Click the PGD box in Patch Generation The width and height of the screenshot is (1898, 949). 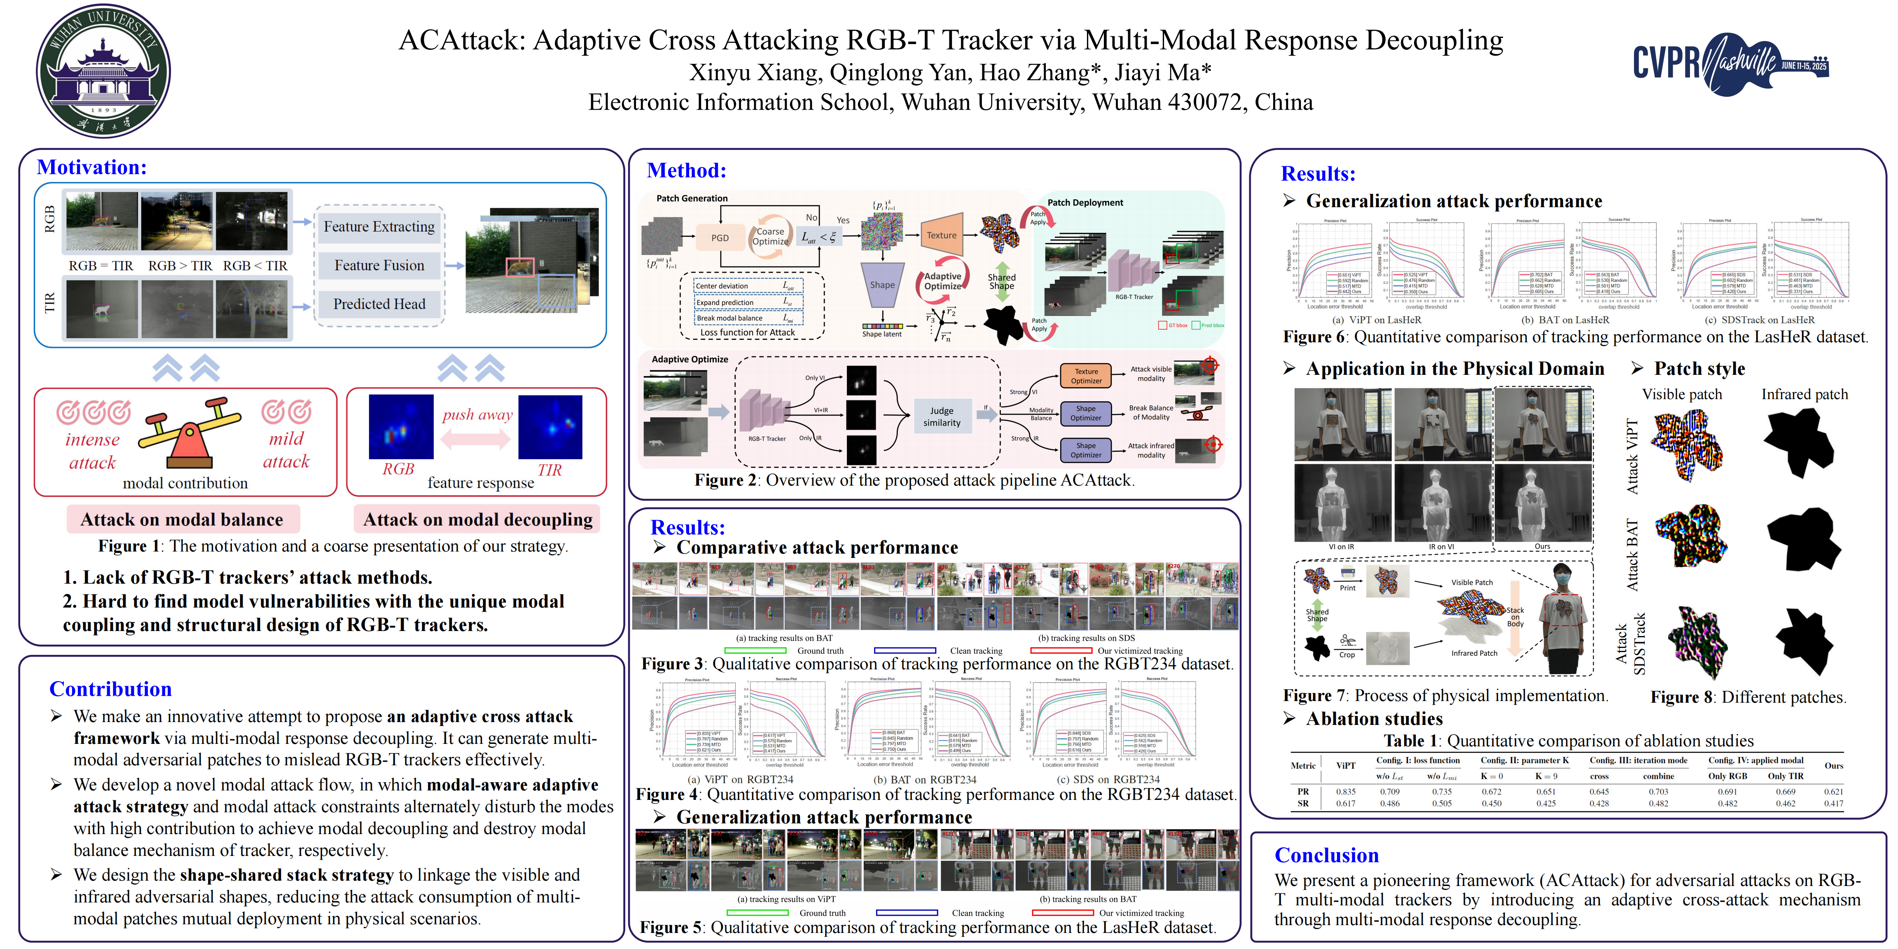click(x=720, y=238)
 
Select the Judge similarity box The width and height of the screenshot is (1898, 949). click(x=942, y=416)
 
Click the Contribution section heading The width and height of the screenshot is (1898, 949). click(x=110, y=689)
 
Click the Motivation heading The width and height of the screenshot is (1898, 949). click(x=92, y=167)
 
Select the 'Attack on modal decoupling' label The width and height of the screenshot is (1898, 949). click(x=477, y=519)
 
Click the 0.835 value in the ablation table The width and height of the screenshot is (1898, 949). click(x=1345, y=791)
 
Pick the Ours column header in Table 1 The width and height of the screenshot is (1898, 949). click(x=1833, y=766)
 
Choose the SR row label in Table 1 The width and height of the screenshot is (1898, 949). click(x=1303, y=803)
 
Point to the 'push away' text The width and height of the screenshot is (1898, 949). click(x=477, y=415)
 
